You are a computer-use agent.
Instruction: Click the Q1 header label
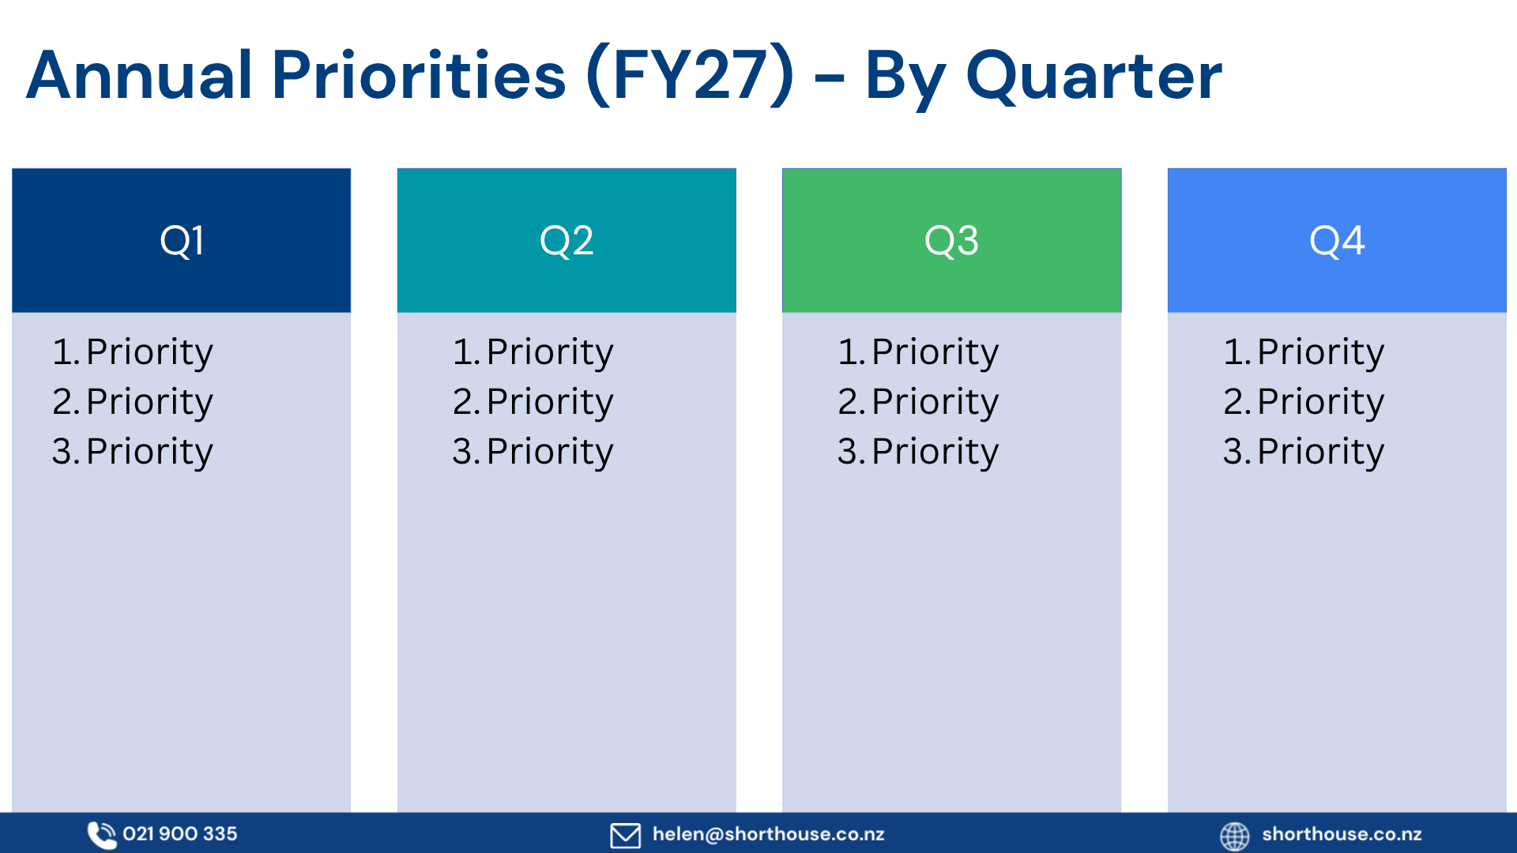pyautogui.click(x=182, y=241)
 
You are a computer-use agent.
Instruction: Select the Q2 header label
pyautogui.click(x=567, y=241)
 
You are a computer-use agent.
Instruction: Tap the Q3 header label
pyautogui.click(x=951, y=241)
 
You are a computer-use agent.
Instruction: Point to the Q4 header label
pyautogui.click(x=1337, y=241)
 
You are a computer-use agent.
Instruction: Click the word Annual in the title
pyautogui.click(x=139, y=76)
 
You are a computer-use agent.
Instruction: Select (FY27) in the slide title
pyautogui.click(x=690, y=76)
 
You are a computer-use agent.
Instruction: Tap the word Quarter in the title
pyautogui.click(x=1094, y=77)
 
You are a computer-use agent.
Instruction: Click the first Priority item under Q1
pyautogui.click(x=133, y=352)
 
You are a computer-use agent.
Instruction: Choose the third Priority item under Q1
pyautogui.click(x=133, y=452)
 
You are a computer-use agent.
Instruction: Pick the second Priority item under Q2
pyautogui.click(x=533, y=402)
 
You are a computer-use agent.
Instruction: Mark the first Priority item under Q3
pyautogui.click(x=918, y=352)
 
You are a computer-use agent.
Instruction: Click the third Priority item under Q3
pyautogui.click(x=918, y=452)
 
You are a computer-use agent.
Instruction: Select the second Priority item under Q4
pyautogui.click(x=1304, y=402)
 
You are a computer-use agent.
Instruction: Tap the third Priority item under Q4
pyautogui.click(x=1304, y=452)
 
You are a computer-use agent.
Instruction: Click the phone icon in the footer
pyautogui.click(x=101, y=835)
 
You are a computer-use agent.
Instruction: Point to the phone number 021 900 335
pyautogui.click(x=180, y=834)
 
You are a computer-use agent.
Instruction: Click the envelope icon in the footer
pyautogui.click(x=626, y=835)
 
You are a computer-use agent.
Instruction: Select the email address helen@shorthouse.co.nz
pyautogui.click(x=769, y=834)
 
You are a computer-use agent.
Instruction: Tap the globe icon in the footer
pyautogui.click(x=1235, y=836)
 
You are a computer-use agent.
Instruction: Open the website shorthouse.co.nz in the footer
pyautogui.click(x=1342, y=834)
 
